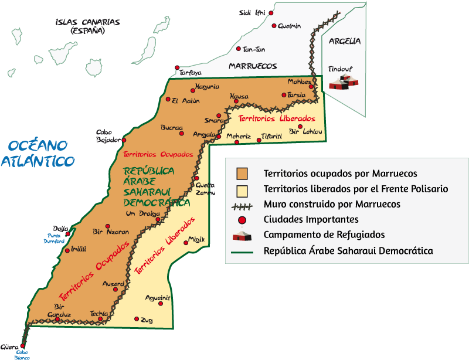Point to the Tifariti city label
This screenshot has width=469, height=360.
pos(271,136)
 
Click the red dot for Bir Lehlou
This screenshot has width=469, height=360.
pos(300,126)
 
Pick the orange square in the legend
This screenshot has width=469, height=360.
pos(242,174)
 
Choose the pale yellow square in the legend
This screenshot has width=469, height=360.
pos(242,189)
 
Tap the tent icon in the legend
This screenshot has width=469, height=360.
pos(242,235)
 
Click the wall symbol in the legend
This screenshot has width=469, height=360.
pos(242,205)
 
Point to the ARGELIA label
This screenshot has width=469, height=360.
pos(345,41)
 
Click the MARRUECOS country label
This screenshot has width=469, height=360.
pos(253,66)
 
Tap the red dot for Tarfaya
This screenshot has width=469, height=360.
pos(178,68)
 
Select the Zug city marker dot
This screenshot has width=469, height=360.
pos(137,319)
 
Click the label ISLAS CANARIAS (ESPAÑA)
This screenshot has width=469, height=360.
pos(87,26)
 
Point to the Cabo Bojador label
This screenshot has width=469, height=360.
pos(108,136)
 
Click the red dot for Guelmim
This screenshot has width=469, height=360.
pos(274,25)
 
